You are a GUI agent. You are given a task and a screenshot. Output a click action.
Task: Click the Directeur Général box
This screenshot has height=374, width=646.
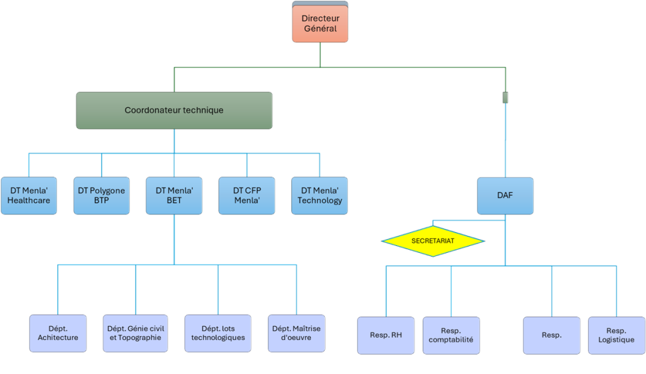click(x=320, y=24)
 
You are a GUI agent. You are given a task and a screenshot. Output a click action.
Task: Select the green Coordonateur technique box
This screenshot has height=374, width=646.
click(x=175, y=110)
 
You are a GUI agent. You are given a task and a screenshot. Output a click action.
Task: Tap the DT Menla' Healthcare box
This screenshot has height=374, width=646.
click(x=30, y=195)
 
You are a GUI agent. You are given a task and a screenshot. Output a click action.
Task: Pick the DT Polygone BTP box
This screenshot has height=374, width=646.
click(x=102, y=195)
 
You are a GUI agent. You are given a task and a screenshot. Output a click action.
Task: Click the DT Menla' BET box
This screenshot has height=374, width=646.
click(x=173, y=195)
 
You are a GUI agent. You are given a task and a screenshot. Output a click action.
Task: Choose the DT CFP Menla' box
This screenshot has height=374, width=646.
click(x=247, y=195)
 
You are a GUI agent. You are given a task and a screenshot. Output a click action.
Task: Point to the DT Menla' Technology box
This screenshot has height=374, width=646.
click(x=320, y=195)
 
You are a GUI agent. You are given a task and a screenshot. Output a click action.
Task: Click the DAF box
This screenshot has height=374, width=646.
click(x=505, y=196)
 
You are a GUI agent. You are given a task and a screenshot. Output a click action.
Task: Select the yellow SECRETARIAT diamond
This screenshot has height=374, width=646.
click(x=433, y=241)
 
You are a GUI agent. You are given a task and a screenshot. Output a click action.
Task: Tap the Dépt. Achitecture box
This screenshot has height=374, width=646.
click(x=57, y=333)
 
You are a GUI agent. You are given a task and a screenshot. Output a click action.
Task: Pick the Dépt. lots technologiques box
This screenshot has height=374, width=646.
click(x=218, y=333)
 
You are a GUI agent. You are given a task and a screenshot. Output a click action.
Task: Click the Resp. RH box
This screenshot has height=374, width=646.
click(x=386, y=335)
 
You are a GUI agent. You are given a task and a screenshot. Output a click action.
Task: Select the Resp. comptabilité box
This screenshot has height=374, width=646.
click(x=451, y=335)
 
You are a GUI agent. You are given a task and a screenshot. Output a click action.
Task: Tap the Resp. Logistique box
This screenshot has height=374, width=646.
click(x=616, y=335)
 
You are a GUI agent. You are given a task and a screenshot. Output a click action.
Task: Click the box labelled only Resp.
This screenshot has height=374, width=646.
click(x=551, y=335)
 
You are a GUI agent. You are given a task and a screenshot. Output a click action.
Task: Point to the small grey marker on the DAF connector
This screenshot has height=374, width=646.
click(x=505, y=98)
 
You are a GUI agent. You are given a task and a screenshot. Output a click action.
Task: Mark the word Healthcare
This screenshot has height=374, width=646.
click(x=30, y=201)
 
